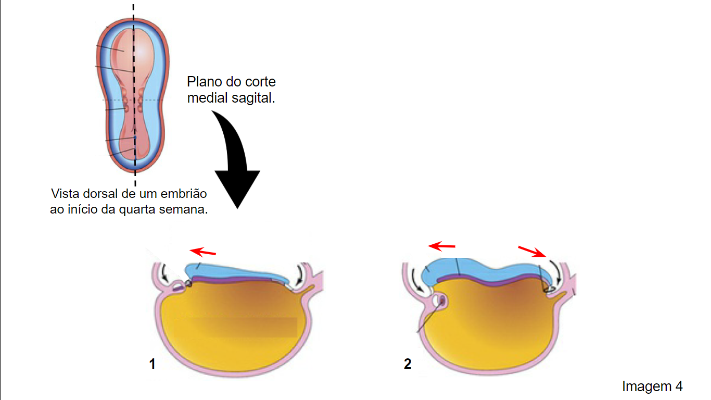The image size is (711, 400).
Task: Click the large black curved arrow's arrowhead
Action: [237, 187]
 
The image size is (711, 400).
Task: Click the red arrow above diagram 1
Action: [203, 252]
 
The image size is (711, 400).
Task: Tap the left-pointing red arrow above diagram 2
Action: [441, 246]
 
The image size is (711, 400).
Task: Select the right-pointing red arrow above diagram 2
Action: [532, 252]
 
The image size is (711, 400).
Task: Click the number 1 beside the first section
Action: [153, 364]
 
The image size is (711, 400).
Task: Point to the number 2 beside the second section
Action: [408, 364]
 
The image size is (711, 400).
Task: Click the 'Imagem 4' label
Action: [652, 386]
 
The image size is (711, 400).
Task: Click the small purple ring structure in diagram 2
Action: [442, 300]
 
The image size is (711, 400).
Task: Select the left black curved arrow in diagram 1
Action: [164, 272]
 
